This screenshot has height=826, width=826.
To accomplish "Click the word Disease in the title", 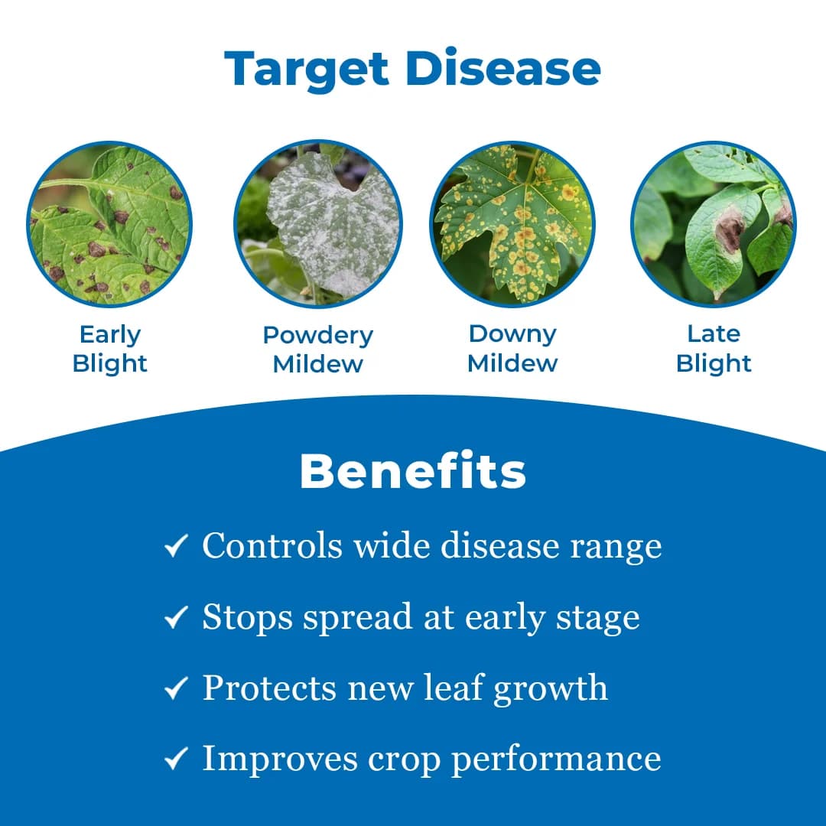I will (x=502, y=68).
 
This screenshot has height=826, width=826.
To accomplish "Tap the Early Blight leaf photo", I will (x=109, y=225).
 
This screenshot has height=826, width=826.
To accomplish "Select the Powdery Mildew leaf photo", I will (x=317, y=225).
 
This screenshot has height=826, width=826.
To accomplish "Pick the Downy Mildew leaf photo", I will (x=512, y=225).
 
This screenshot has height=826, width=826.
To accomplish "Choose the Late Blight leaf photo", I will (x=714, y=225).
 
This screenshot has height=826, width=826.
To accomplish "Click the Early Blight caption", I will (x=109, y=349).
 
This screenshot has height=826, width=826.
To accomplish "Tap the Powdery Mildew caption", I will (x=317, y=349).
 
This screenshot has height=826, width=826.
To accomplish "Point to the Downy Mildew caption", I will (x=512, y=348).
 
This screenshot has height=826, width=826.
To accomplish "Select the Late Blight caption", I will (x=714, y=348).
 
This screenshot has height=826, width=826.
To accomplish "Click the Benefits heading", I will (x=413, y=472).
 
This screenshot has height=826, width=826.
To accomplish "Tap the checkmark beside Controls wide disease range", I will (x=176, y=546).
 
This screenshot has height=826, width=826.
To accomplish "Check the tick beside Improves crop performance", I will (x=176, y=759).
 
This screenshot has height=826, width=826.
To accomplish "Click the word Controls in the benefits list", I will (x=272, y=545).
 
